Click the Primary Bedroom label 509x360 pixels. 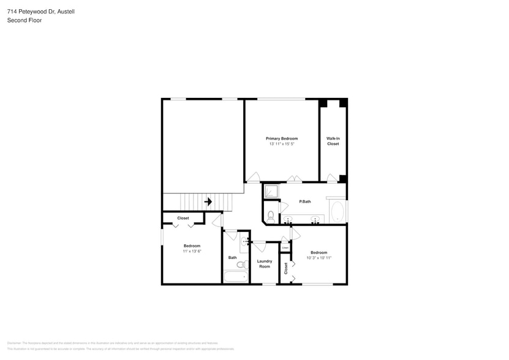pyautogui.click(x=281, y=138)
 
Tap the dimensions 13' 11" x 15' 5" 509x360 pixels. pyautogui.click(x=281, y=144)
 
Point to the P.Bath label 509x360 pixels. pyautogui.click(x=304, y=201)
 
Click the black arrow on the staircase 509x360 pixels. pyautogui.click(x=208, y=201)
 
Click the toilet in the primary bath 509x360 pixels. pyautogui.click(x=270, y=215)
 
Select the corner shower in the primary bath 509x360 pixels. pyautogui.click(x=271, y=192)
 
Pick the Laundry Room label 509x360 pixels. pyautogui.click(x=264, y=264)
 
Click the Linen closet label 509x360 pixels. pyautogui.click(x=285, y=247)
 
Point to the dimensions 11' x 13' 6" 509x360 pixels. pyautogui.click(x=192, y=251)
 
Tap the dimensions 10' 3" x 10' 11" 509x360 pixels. pyautogui.click(x=319, y=258)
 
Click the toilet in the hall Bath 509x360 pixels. pyautogui.click(x=241, y=264)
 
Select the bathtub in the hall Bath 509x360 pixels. pyautogui.click(x=236, y=277)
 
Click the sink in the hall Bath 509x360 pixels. pyautogui.click(x=244, y=242)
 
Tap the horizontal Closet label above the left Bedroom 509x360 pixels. pyautogui.click(x=183, y=218)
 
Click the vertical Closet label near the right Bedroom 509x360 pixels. pyautogui.click(x=285, y=268)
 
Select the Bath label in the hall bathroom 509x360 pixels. pyautogui.click(x=232, y=257)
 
